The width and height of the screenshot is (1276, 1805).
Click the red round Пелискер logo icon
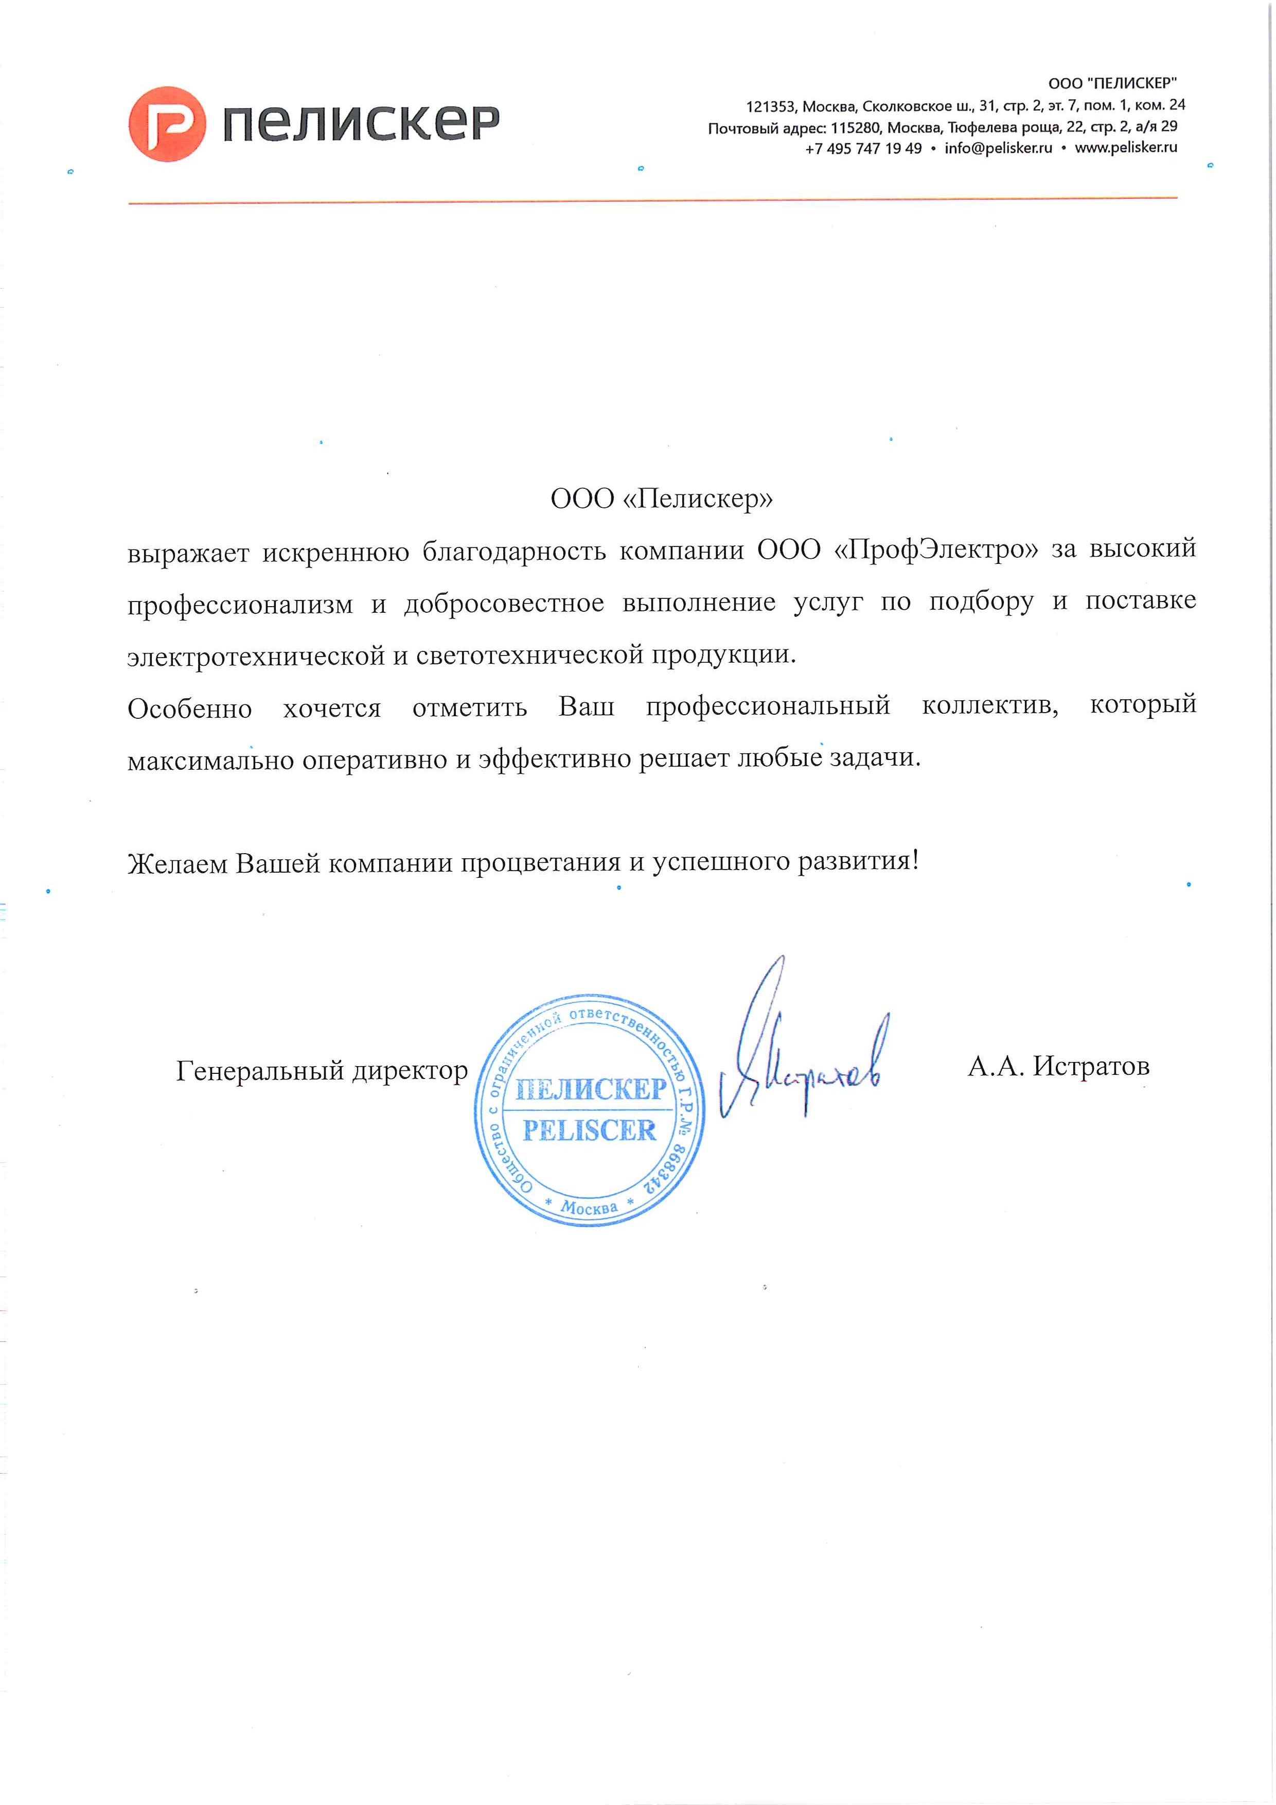pyautogui.click(x=167, y=124)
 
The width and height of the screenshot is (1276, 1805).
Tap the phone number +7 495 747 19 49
pyautogui.click(x=863, y=149)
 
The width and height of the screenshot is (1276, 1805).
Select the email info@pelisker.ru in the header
pyautogui.click(x=999, y=149)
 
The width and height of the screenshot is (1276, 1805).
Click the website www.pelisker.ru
pyautogui.click(x=1126, y=148)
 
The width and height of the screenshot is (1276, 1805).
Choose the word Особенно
pyautogui.click(x=189, y=709)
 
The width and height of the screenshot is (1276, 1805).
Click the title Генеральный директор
pyautogui.click(x=322, y=1071)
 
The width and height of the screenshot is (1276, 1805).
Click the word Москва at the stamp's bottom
pyautogui.click(x=589, y=1207)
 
